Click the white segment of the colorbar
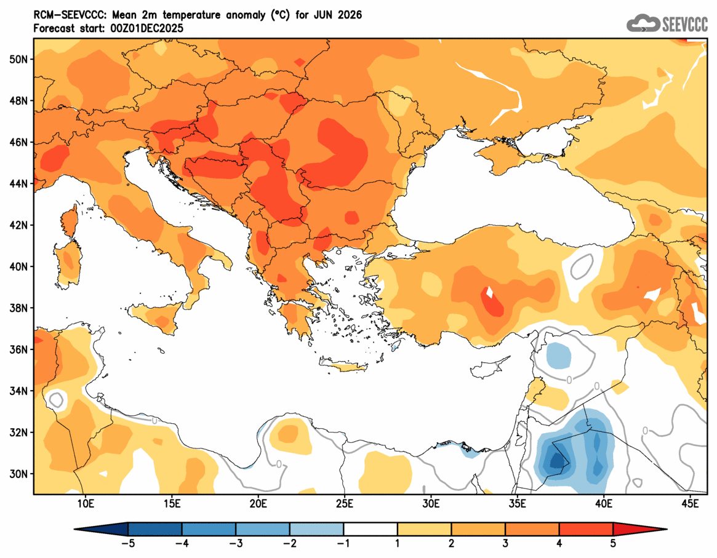pos(371,529)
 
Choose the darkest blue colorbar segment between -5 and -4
pos(155,529)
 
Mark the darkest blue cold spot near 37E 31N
pos(558,460)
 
